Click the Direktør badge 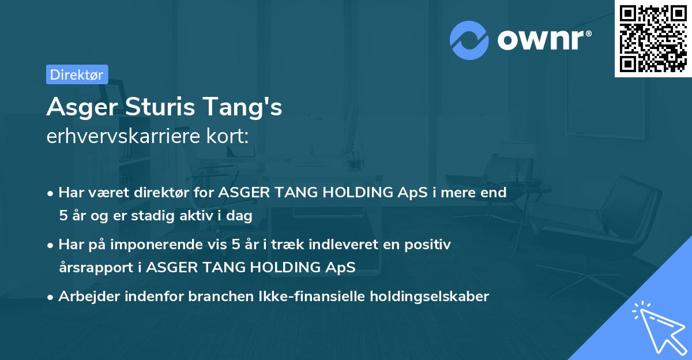click(77, 74)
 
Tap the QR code click(653, 38)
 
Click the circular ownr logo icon click(469, 40)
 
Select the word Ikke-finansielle click(274, 297)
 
